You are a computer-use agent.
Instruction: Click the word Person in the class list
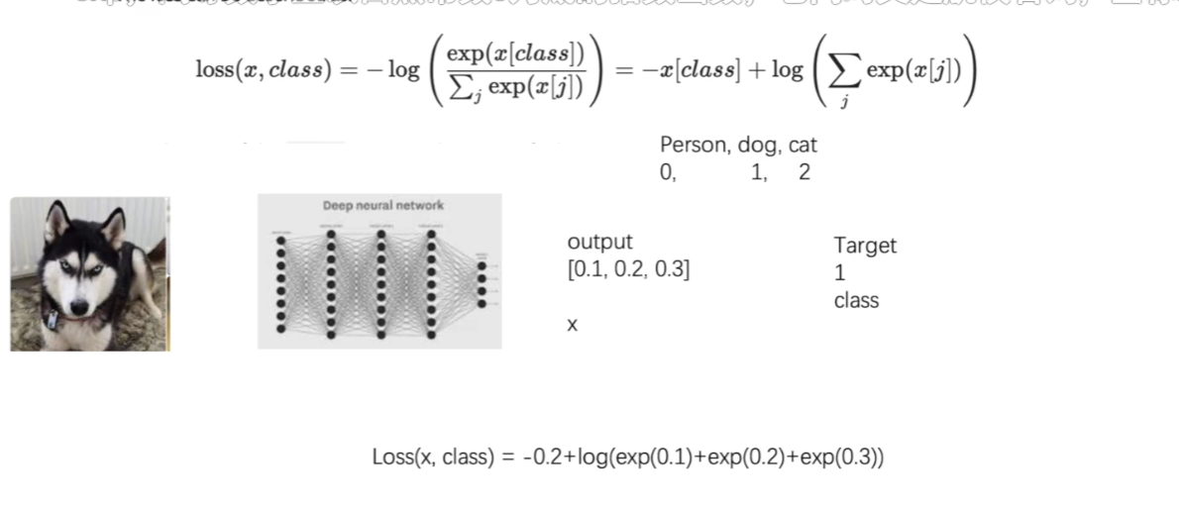[694, 146]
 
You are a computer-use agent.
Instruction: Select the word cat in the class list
[803, 146]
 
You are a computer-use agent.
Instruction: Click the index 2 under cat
[804, 172]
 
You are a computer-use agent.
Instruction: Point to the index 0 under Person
[666, 172]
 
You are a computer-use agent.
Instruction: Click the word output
[599, 243]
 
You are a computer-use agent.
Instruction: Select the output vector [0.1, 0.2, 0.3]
[628, 268]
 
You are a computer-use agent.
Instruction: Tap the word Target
[864, 246]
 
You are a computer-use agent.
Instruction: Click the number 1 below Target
[839, 272]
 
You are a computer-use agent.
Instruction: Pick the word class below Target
[856, 300]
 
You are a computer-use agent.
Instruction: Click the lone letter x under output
[572, 324]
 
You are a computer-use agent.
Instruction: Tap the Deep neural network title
[382, 205]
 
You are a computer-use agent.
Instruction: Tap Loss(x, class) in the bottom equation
[431, 458]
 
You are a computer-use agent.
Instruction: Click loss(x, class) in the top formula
[263, 71]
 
